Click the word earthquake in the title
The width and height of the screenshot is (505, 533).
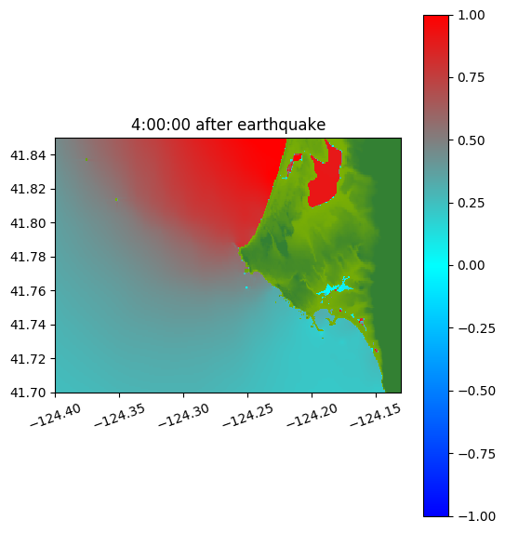(281, 125)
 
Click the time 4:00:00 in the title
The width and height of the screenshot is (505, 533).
(161, 125)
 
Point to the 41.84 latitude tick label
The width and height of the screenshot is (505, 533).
(28, 155)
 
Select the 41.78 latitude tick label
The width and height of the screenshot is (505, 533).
(28, 257)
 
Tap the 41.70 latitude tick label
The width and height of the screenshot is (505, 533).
(28, 393)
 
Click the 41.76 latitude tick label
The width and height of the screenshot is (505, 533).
(28, 291)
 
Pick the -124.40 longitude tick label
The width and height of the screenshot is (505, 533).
(56, 415)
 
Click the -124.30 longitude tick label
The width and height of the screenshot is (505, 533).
(183, 415)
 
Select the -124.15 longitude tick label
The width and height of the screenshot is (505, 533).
(376, 415)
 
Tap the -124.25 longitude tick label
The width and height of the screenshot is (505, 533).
(247, 415)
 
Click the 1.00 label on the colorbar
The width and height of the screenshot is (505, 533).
(471, 15)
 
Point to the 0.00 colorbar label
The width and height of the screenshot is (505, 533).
(471, 265)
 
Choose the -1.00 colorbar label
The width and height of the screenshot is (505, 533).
(476, 516)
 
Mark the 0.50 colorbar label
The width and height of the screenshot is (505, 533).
(471, 140)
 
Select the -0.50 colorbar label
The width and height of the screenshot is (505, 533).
(476, 391)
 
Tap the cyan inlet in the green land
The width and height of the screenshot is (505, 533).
(333, 289)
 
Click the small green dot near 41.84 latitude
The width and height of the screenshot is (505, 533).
(86, 159)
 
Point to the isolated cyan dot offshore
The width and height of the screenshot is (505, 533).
(246, 287)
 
